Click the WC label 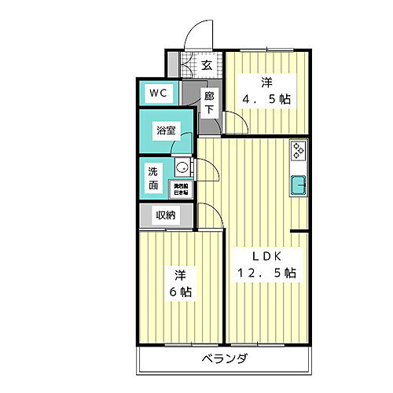pyautogui.click(x=158, y=93)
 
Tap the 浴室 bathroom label pyautogui.click(x=165, y=130)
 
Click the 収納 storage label pyautogui.click(x=164, y=215)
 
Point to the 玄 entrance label pyautogui.click(x=205, y=65)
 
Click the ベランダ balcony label pyautogui.click(x=224, y=358)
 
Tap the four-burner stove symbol pyautogui.click(x=299, y=149)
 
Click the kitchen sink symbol pyautogui.click(x=299, y=186)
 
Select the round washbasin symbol pyautogui.click(x=182, y=167)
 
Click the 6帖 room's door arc pyautogui.click(x=211, y=217)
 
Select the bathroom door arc pyautogui.click(x=187, y=141)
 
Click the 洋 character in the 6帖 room pyautogui.click(x=180, y=275)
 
